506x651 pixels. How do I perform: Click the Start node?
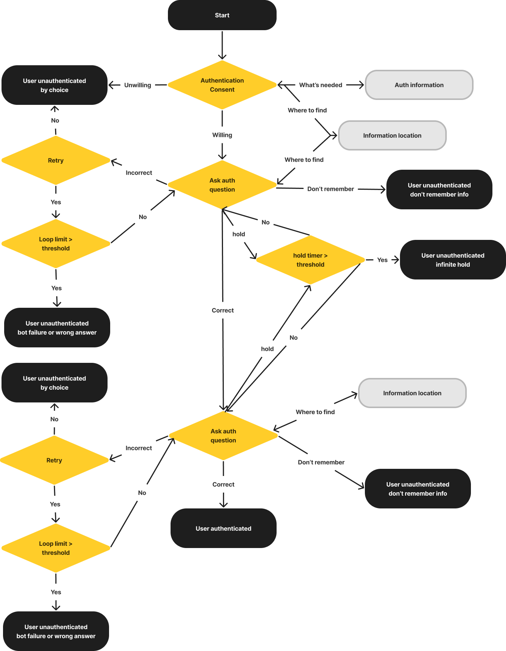point(222,15)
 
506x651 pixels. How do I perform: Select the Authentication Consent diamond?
point(222,85)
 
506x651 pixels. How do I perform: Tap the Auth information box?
point(419,85)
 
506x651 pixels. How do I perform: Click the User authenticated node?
point(223,528)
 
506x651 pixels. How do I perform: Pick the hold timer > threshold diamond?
point(310,260)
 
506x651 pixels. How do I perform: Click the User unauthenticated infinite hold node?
point(452,260)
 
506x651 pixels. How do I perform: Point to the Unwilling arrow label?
point(137,85)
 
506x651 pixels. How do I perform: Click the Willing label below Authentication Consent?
point(222,135)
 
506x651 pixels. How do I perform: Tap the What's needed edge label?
point(320,85)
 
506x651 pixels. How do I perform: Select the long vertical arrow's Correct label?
point(223,310)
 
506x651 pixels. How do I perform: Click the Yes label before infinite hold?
point(382,260)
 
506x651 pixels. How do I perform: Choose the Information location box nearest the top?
point(392,135)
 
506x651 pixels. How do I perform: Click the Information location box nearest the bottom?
point(412,393)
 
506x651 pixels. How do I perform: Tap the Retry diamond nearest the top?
point(56,160)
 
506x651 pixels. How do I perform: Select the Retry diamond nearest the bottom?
point(54,460)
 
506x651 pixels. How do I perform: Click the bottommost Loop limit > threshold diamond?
point(56,548)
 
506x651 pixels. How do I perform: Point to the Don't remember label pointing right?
point(331,189)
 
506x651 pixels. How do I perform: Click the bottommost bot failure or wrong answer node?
point(56,631)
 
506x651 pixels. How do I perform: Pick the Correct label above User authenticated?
point(223,484)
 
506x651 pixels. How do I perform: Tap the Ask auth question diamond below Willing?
point(222,185)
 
